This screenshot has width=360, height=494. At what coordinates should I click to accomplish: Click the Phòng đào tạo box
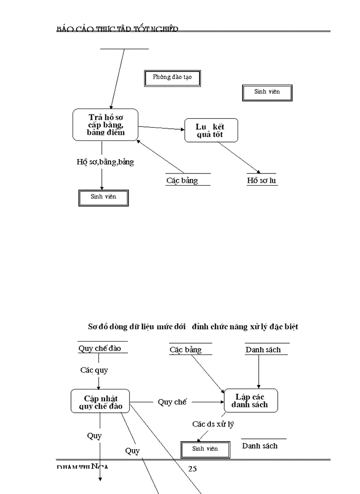(x=172, y=78)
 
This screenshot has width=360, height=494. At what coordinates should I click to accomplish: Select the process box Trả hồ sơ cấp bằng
(x=105, y=125)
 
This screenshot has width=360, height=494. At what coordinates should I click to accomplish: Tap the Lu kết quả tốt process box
(x=210, y=131)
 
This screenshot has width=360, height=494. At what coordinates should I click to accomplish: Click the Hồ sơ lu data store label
(x=262, y=181)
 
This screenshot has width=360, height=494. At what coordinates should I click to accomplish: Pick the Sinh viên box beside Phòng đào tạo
(x=267, y=92)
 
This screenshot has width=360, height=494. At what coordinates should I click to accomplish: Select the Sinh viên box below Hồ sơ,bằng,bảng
(x=103, y=198)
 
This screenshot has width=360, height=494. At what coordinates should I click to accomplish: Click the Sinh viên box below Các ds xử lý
(x=205, y=449)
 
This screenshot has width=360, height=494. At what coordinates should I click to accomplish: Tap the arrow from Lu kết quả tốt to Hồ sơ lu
(x=238, y=157)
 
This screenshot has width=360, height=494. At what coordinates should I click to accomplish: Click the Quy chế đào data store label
(x=100, y=348)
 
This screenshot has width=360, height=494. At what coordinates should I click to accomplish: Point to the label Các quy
(x=94, y=370)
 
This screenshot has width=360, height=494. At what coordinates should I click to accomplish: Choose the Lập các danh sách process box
(x=251, y=401)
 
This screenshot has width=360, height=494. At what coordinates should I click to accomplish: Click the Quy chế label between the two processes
(x=172, y=402)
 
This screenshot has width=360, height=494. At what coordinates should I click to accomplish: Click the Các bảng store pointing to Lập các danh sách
(x=186, y=350)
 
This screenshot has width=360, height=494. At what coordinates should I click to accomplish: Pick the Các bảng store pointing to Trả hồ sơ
(x=182, y=181)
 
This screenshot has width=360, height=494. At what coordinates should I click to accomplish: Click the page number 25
(x=192, y=469)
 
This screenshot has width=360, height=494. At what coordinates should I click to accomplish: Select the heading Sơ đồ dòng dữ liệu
(x=193, y=327)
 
